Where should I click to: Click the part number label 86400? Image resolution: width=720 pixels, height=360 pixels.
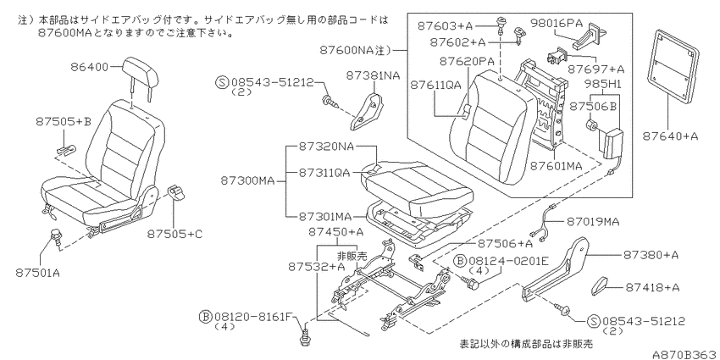[x=89, y=67]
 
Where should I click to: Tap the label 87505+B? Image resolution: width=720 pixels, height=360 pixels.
[x=64, y=122]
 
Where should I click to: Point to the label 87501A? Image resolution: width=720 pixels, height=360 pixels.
[x=37, y=273]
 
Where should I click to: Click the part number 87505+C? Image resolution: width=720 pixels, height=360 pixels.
[x=174, y=234]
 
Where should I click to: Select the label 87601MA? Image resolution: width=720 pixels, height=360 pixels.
[x=557, y=165]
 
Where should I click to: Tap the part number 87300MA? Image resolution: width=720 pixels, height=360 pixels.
[x=247, y=181]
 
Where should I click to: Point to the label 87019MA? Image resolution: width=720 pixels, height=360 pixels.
[x=592, y=221]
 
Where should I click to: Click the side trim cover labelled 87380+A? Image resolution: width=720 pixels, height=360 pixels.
[x=556, y=269]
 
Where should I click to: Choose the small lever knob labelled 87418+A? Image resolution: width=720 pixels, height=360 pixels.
[x=599, y=285]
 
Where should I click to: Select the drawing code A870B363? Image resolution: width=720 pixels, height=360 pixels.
[x=685, y=353]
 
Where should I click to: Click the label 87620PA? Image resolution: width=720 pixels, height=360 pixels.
[x=466, y=61]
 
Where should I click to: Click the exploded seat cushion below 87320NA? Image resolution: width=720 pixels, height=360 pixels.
[x=413, y=186]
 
